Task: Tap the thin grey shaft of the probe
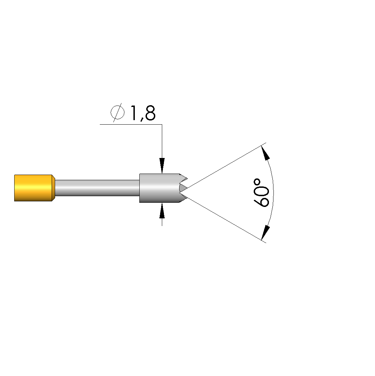click(97, 188)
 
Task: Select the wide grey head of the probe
click(161, 188)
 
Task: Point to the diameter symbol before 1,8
click(117, 112)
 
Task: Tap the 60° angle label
click(261, 193)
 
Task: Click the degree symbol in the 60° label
click(257, 182)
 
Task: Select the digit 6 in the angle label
click(261, 201)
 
